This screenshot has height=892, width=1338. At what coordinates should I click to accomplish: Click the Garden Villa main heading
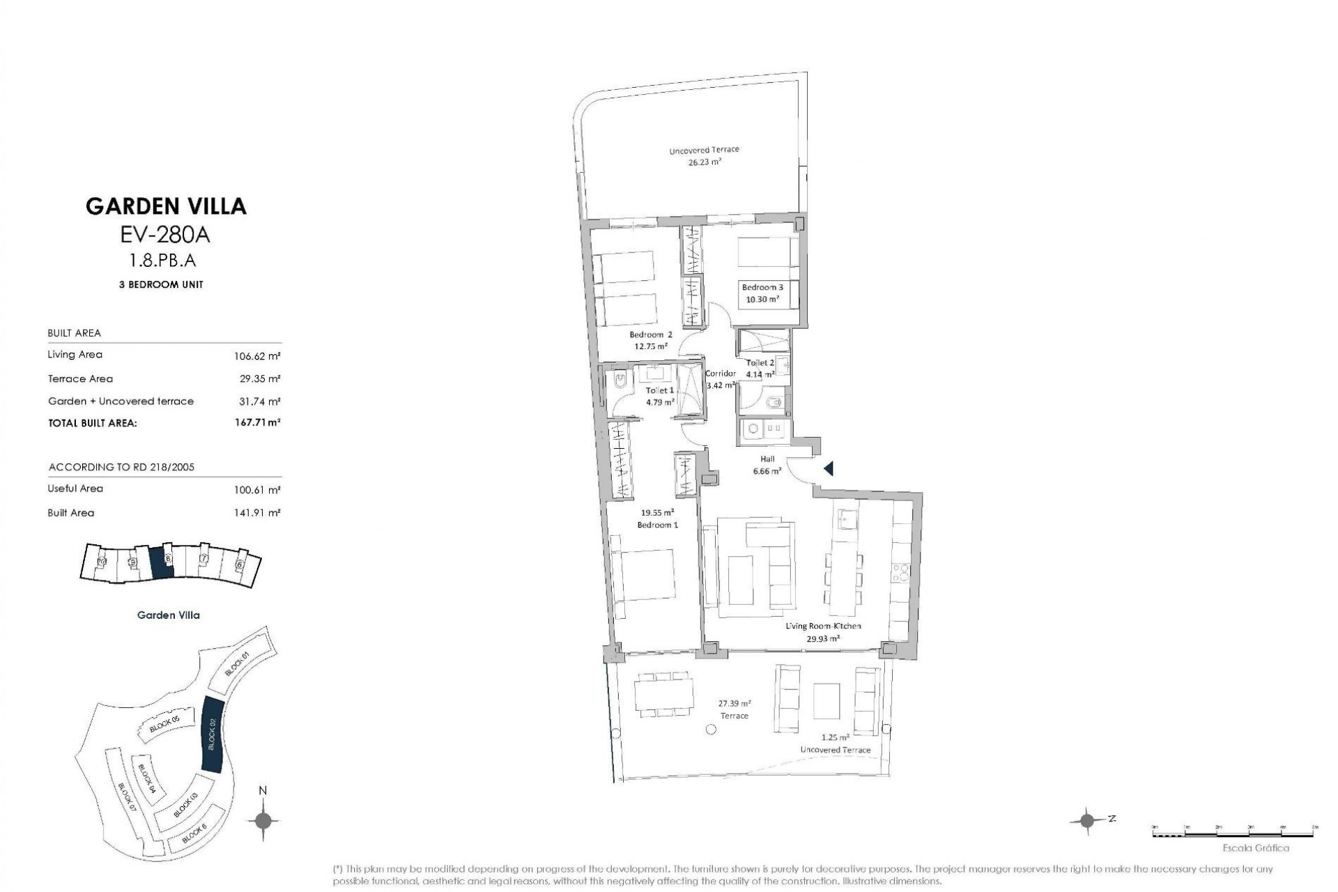[x=166, y=206]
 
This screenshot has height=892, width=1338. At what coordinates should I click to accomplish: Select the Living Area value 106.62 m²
[x=257, y=356]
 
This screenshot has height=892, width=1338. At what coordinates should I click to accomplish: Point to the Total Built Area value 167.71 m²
[x=257, y=422]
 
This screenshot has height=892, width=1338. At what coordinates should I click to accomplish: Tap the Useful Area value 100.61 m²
[x=257, y=490]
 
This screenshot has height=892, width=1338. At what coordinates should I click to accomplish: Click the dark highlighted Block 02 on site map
[x=212, y=733]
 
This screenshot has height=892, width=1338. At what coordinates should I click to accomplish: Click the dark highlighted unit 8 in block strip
[x=162, y=560]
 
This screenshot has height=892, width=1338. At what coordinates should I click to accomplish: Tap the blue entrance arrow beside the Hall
[x=828, y=469]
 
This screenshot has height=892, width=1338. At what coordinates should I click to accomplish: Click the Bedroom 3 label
[x=762, y=287]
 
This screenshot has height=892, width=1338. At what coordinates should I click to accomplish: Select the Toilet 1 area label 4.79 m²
[x=659, y=402]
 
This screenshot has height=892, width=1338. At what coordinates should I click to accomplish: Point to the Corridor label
[x=720, y=374]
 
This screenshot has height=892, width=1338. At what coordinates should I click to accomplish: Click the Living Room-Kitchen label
[x=822, y=626]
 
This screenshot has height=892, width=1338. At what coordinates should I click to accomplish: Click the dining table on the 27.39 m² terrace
[x=663, y=693]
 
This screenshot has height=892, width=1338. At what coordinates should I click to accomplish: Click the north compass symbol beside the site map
[x=263, y=820]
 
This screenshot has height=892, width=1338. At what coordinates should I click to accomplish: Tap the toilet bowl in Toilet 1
[x=620, y=383]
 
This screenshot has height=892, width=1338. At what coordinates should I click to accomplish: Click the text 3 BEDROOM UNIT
[x=161, y=285]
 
